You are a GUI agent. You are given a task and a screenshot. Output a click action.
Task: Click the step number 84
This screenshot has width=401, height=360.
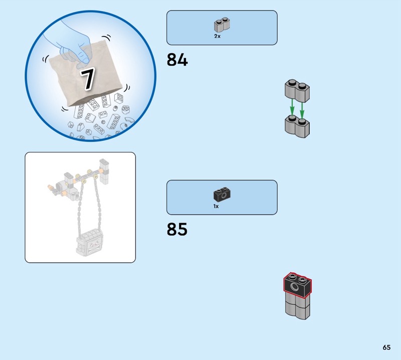tap(177, 60)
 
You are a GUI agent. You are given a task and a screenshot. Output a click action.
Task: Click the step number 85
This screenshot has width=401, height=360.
tap(177, 229)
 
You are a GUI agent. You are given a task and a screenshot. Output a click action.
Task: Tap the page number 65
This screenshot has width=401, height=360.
tap(386, 347)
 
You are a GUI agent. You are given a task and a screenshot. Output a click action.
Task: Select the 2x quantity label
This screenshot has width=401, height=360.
tap(217, 36)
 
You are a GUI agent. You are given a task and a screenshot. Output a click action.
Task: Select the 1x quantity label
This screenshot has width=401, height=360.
tap(216, 206)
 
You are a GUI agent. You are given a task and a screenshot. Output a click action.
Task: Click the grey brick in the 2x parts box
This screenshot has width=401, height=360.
tap(222, 25)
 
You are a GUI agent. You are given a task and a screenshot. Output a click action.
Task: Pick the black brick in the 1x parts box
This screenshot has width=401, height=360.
tap(222, 195)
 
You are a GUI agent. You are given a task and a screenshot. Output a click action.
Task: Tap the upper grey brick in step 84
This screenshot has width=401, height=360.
tap(297, 91)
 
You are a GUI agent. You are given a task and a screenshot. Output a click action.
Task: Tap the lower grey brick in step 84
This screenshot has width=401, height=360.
tap(297, 127)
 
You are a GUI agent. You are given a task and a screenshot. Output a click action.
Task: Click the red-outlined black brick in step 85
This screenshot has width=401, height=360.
tap(297, 285)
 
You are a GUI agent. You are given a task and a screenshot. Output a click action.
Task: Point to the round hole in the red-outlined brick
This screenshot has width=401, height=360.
tap(295, 287)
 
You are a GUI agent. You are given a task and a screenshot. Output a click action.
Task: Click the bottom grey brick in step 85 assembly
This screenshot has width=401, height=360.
tap(297, 309)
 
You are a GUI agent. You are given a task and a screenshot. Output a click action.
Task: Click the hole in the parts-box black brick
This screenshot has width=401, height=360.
tap(224, 196)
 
